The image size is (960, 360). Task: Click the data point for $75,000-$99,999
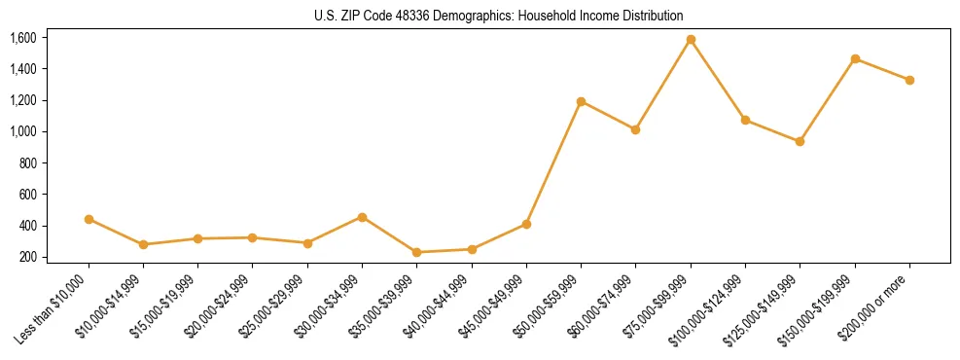[x=691, y=40]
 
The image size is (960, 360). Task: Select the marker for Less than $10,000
[x=89, y=219]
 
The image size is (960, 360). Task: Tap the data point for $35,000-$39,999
[x=417, y=252]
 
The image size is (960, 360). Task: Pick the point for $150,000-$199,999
[x=855, y=58]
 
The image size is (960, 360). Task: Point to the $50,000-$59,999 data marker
[x=581, y=101]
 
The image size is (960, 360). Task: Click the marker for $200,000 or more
[x=909, y=80]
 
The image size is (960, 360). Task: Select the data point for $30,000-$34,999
[x=362, y=217]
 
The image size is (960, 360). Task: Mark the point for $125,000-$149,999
[x=800, y=141]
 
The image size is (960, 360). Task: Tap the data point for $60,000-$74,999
[x=635, y=129]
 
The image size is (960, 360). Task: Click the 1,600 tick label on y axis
[x=22, y=38]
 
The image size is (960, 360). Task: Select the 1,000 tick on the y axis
[x=22, y=131]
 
